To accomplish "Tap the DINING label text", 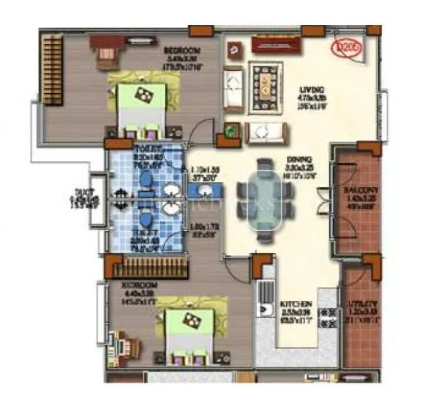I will tap(299, 159).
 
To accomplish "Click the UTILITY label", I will tap(361, 304).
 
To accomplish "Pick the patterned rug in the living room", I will tap(264, 86).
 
